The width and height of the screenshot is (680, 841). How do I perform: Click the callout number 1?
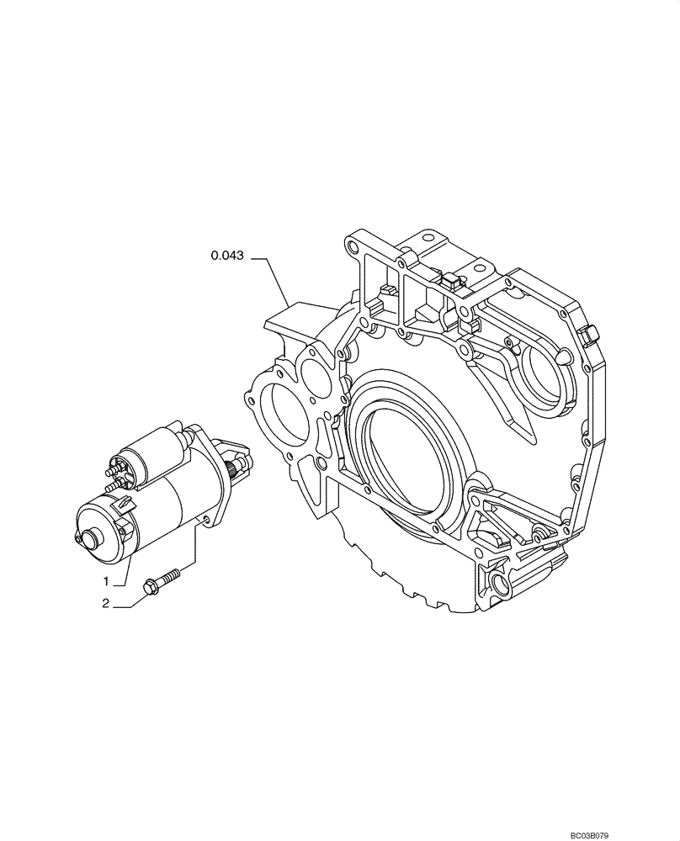[x=107, y=581]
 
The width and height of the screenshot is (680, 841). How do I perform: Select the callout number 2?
[x=107, y=603]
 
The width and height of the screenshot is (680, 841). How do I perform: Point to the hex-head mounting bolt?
[x=167, y=579]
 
